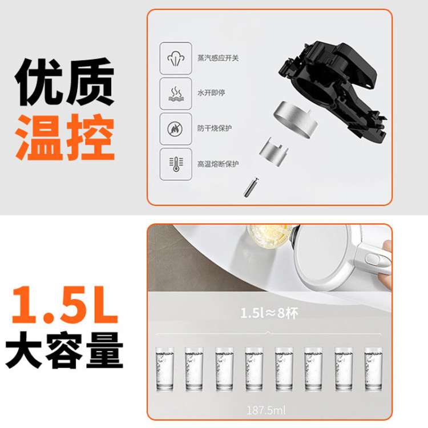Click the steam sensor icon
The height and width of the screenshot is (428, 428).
pyautogui.click(x=176, y=58)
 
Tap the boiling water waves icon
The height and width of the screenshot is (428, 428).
pyautogui.click(x=176, y=94)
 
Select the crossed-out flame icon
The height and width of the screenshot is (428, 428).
pyautogui.click(x=176, y=129)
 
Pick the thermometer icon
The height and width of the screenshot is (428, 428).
pyautogui.click(x=176, y=164)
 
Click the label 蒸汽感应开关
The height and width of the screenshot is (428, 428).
pyautogui.click(x=218, y=58)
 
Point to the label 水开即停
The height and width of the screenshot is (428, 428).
pyautogui.click(x=211, y=93)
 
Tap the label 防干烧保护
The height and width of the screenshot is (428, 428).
pyautogui.click(x=215, y=128)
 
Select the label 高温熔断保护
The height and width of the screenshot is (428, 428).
pyautogui.click(x=218, y=164)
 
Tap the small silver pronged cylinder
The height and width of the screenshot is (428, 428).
pyautogui.click(x=273, y=152)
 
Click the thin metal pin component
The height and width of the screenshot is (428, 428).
pyautogui.click(x=251, y=187)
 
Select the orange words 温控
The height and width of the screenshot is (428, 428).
pyautogui.click(x=65, y=138)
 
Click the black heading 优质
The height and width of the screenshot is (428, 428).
pyautogui.click(x=64, y=82)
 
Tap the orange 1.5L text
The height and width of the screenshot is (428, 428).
pyautogui.click(x=64, y=305)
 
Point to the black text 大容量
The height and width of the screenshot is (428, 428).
pyautogui.click(x=64, y=350)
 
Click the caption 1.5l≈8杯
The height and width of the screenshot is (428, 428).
pyautogui.click(x=269, y=313)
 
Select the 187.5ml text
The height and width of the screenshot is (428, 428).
pyautogui.click(x=266, y=410)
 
